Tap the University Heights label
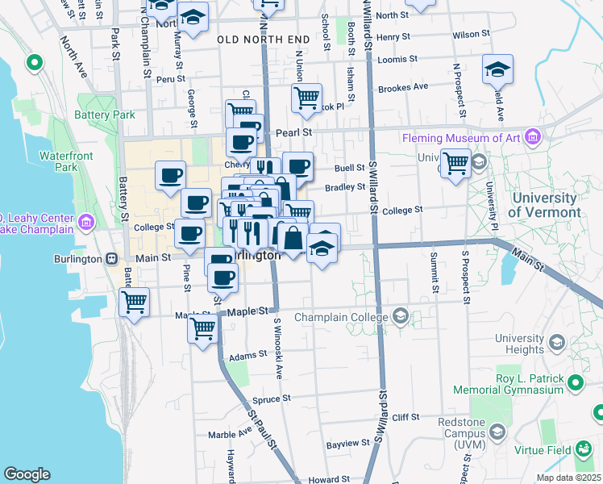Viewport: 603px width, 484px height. coord(520,344)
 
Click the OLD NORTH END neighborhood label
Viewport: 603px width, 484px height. coord(263,39)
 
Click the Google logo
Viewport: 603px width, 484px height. coord(27,474)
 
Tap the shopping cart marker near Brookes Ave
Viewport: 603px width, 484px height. coord(306,98)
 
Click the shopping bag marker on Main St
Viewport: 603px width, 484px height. coord(292,238)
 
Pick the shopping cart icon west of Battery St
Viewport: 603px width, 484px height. coord(134,302)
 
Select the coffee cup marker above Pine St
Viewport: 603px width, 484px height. coord(189,235)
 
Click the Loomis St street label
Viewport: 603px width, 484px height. coord(397,59)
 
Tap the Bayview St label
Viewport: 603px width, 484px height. coord(347,444)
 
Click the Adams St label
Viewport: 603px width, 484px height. coord(247,355)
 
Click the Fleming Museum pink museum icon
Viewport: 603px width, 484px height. coord(531,138)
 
